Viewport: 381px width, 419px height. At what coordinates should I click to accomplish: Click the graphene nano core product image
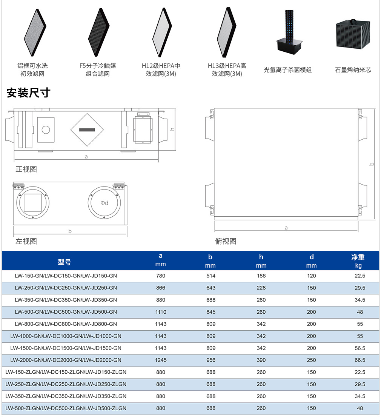353,34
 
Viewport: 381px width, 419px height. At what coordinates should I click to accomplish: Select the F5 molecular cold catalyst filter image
98,32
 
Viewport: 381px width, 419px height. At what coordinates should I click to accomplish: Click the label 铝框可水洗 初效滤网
32,70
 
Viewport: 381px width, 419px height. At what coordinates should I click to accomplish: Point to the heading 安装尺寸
29,93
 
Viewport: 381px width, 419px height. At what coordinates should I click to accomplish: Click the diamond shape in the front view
87,130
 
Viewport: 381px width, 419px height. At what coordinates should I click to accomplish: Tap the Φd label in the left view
104,203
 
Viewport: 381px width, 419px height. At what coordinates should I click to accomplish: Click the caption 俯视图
226,241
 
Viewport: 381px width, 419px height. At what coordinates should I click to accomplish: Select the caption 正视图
26,169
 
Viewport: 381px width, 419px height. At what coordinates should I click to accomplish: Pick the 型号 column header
65,262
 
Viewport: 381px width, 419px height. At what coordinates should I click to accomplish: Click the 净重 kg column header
358,261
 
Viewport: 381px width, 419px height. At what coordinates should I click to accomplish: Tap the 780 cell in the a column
161,276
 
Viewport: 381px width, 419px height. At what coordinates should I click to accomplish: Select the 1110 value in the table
161,312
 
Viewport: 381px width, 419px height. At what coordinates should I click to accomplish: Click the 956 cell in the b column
210,360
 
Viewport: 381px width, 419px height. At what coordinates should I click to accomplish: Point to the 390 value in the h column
261,360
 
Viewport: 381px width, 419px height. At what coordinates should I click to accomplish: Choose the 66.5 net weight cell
360,360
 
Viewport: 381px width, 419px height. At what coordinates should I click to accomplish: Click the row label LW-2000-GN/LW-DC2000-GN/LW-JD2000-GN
66,360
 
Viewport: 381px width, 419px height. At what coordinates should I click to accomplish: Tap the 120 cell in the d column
311,276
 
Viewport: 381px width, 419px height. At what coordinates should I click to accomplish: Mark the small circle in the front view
46,130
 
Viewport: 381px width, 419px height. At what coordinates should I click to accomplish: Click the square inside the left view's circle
33,203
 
